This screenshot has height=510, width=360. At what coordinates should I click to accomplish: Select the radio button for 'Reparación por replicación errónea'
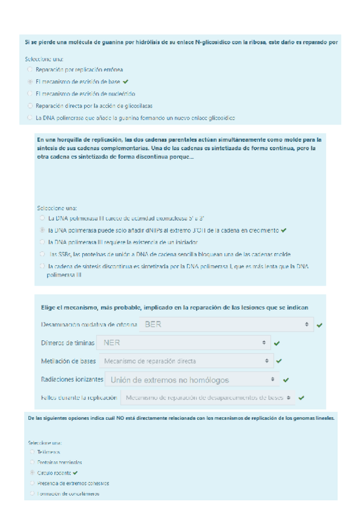(x=30, y=70)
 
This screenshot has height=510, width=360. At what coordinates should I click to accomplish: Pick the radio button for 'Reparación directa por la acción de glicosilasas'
(x=30, y=105)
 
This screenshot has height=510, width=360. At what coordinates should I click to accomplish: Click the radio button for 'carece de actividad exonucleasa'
(x=42, y=218)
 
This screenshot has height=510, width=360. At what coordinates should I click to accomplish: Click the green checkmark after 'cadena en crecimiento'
(x=283, y=230)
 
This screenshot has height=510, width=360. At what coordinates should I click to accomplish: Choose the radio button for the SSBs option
(x=42, y=254)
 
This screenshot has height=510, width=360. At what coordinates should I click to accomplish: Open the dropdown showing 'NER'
(x=184, y=343)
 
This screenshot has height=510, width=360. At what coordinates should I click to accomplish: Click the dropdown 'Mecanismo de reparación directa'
(x=187, y=361)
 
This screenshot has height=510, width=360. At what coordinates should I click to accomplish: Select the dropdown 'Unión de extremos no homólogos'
(x=193, y=379)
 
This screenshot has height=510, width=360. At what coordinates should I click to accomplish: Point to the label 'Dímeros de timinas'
(x=66, y=343)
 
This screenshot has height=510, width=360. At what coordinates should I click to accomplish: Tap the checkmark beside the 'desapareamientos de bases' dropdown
(x=301, y=398)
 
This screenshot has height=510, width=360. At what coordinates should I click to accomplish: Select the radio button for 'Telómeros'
(x=31, y=452)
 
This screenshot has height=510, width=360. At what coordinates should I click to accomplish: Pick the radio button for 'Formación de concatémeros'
(x=31, y=494)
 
